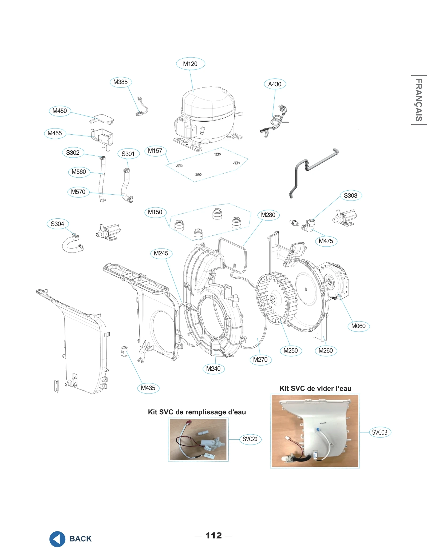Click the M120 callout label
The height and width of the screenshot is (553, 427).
(x=190, y=64)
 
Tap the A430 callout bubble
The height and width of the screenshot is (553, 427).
(x=275, y=84)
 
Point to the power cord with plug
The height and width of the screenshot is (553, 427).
(x=276, y=121)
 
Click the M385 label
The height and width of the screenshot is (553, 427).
(x=121, y=82)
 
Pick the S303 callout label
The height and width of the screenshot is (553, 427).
(x=351, y=195)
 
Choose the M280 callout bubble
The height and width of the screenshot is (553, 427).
(x=268, y=215)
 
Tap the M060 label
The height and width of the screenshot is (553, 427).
(x=358, y=326)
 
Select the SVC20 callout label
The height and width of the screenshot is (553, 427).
(x=250, y=439)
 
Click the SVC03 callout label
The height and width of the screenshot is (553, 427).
(x=379, y=432)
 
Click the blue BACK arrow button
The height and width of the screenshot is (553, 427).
(x=57, y=539)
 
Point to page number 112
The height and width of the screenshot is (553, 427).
(x=213, y=535)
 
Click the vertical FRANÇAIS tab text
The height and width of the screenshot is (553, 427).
(x=418, y=100)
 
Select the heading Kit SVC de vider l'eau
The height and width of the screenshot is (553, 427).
(x=315, y=388)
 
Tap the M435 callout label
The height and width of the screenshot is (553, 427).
(x=148, y=388)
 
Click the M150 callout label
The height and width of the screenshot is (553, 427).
(x=155, y=212)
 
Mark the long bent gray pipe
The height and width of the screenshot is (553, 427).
(x=312, y=168)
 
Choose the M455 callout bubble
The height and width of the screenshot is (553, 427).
(x=55, y=133)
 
